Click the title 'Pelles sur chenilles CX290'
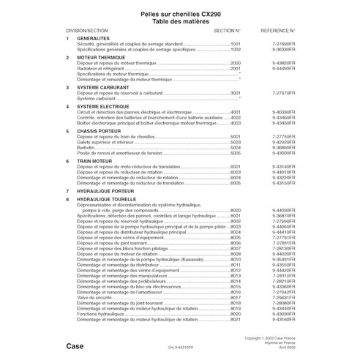(x=179, y=13)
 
